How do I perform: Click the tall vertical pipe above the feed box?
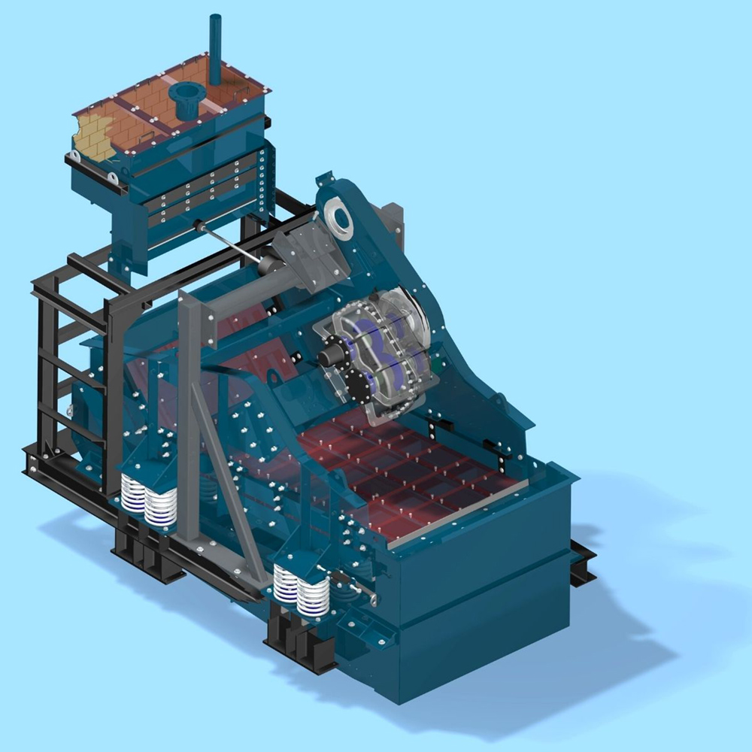pyautogui.click(x=215, y=49)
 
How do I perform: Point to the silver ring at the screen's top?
pyautogui.click(x=340, y=219)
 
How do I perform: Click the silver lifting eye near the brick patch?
pyautogui.click(x=113, y=178)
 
